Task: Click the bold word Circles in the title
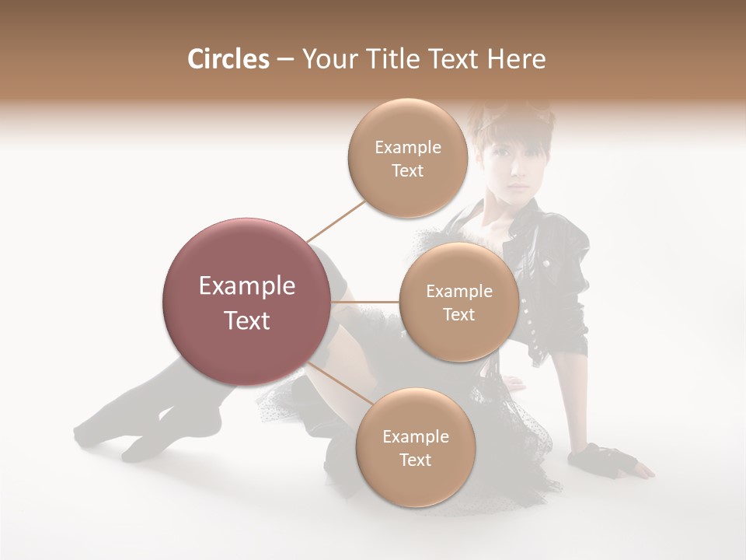click(228, 59)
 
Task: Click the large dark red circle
click(247, 302)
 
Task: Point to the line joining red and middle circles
click(364, 301)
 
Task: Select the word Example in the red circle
click(247, 286)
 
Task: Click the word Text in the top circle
click(407, 171)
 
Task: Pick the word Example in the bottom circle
click(415, 437)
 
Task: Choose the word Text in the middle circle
click(458, 315)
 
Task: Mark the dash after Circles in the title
click(285, 59)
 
